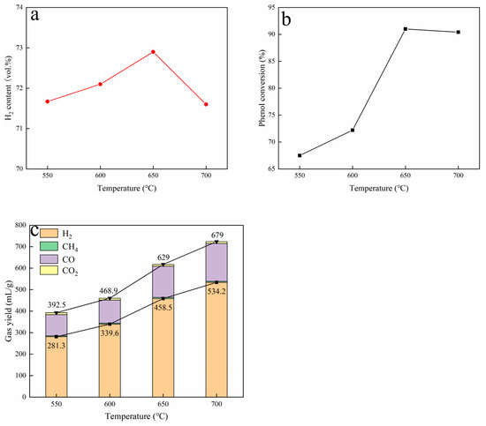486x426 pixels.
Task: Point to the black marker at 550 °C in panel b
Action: [x=300, y=155]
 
